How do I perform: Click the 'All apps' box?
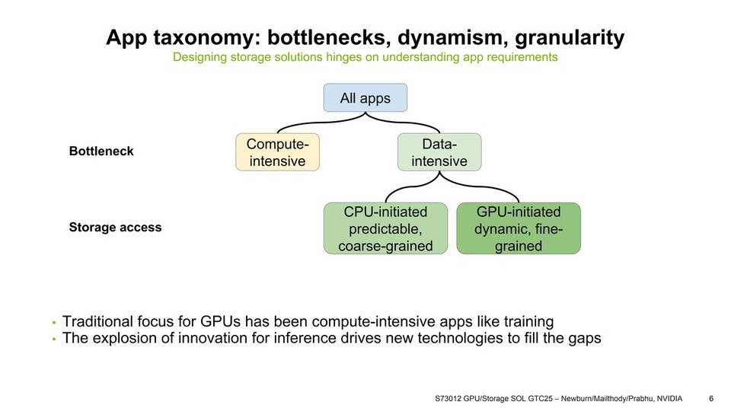click(x=365, y=98)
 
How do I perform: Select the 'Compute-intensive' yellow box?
click(x=277, y=151)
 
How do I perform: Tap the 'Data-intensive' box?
click(x=439, y=151)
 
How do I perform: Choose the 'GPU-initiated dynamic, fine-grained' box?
click(x=519, y=228)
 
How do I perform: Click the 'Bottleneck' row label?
click(x=101, y=151)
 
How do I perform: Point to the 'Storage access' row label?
click(x=115, y=228)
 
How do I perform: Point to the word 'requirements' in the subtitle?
click(x=522, y=57)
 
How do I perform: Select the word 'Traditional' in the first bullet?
click(x=99, y=321)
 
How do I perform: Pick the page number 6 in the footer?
click(x=711, y=398)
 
